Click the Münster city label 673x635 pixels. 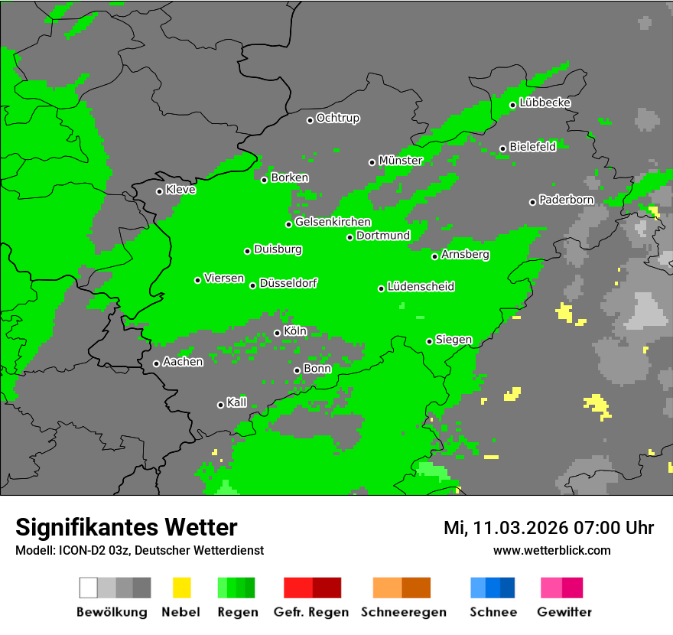[401, 161]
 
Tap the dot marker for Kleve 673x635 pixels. [159, 191]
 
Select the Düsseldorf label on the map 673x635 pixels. [288, 283]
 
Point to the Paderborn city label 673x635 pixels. [567, 200]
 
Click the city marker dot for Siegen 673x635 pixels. [429, 341]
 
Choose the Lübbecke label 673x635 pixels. [545, 103]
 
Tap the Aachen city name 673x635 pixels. [183, 362]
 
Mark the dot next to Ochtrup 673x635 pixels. [310, 120]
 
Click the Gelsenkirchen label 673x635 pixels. [333, 223]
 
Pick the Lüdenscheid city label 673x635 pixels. [421, 287]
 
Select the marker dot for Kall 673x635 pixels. [220, 405]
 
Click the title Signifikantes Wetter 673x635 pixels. [126, 527]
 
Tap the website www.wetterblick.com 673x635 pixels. [551, 551]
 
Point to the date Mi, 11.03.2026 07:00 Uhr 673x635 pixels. [548, 528]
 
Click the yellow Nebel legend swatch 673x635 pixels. [182, 588]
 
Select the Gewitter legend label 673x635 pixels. [564, 612]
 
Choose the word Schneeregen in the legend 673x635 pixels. [402, 612]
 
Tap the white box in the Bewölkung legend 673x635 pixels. [88, 588]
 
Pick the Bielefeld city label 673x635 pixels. [532, 147]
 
